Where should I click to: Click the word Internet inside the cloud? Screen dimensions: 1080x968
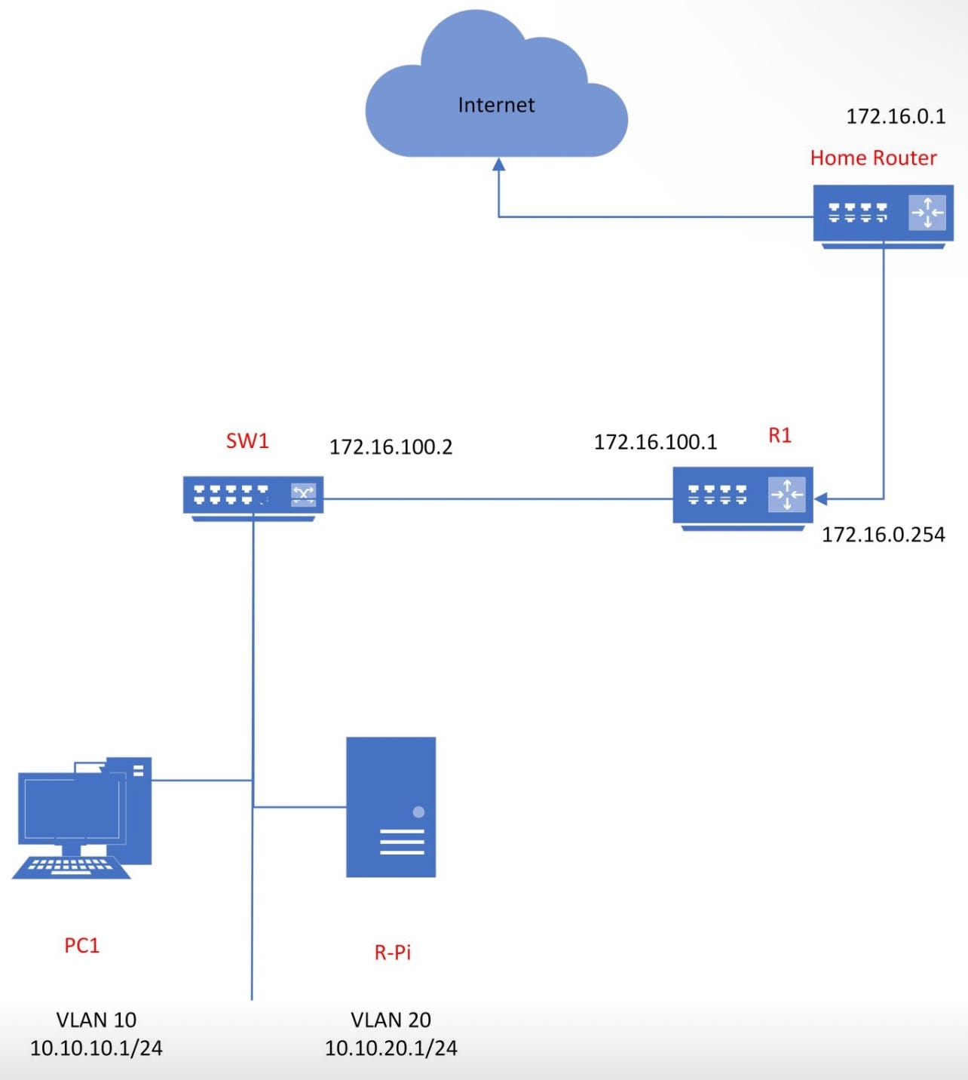(x=496, y=105)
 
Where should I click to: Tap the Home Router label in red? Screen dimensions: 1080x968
(x=873, y=158)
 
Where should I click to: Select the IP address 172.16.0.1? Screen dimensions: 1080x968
(x=895, y=116)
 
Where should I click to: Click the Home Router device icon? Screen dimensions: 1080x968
(x=883, y=215)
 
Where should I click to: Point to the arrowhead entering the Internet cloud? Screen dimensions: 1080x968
(x=498, y=164)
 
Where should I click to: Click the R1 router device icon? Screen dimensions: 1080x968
(x=743, y=496)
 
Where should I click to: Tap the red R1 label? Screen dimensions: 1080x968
(x=780, y=435)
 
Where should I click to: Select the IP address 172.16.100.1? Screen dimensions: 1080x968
(x=655, y=442)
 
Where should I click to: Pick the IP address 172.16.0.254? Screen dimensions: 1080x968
(x=883, y=535)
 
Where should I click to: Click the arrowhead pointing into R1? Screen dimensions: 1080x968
(x=821, y=499)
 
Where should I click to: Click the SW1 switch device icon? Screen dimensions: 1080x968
(x=253, y=497)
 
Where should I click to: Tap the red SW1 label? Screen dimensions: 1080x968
(x=247, y=440)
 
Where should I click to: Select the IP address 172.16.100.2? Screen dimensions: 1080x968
(x=391, y=447)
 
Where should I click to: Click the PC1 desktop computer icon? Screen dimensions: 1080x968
(x=83, y=815)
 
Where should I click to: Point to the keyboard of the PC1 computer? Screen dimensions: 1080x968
(x=72, y=867)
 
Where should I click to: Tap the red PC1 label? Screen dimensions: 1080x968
(x=81, y=945)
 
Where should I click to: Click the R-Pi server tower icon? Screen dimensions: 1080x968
(x=391, y=806)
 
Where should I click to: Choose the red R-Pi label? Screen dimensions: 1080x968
(x=392, y=952)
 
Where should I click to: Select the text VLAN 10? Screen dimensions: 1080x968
(x=96, y=1020)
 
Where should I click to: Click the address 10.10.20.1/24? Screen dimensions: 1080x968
(x=391, y=1048)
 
